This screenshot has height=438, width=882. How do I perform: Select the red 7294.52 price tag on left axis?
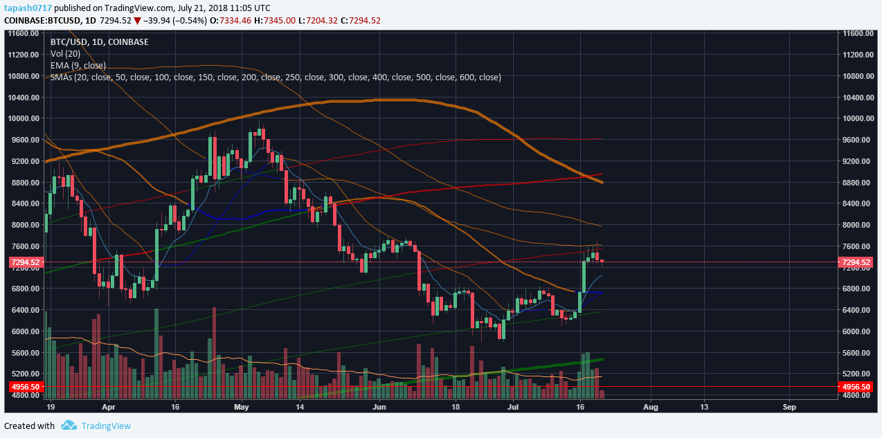[25, 262]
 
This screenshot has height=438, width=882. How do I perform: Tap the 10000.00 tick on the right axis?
[856, 118]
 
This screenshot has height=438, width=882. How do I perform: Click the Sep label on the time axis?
[789, 408]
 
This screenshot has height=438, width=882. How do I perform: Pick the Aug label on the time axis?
[651, 408]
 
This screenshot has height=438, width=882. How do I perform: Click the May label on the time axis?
[241, 408]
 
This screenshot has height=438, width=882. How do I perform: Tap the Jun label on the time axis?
[379, 408]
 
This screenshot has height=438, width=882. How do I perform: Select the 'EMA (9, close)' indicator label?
[78, 65]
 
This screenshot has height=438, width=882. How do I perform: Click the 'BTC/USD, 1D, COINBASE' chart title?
[99, 42]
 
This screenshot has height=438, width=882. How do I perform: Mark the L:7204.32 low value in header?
[318, 20]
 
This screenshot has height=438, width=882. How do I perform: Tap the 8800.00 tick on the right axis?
[854, 183]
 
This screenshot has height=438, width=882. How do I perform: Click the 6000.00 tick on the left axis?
[23, 331]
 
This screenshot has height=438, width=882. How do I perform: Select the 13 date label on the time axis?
[703, 408]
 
